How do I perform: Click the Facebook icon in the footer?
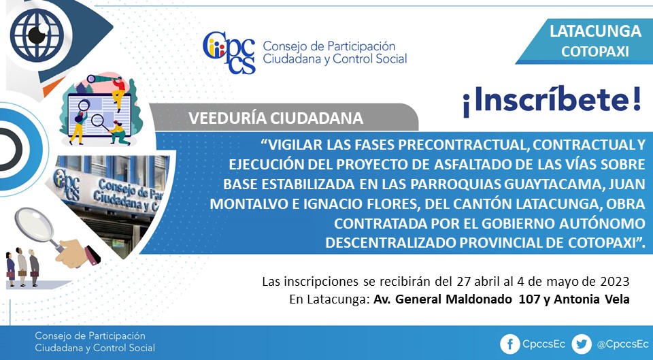pos(509,344)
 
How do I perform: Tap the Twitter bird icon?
pos(582,344)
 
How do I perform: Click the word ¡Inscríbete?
pos(552,100)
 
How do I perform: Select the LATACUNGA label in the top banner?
pos(595,31)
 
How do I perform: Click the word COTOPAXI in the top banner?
pos(595,51)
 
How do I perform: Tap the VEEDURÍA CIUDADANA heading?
pos(275,118)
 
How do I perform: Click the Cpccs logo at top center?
pos(229,52)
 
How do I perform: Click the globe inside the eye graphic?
pos(37,35)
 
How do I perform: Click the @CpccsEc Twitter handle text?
pos(622,344)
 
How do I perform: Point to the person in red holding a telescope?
pos(118,93)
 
